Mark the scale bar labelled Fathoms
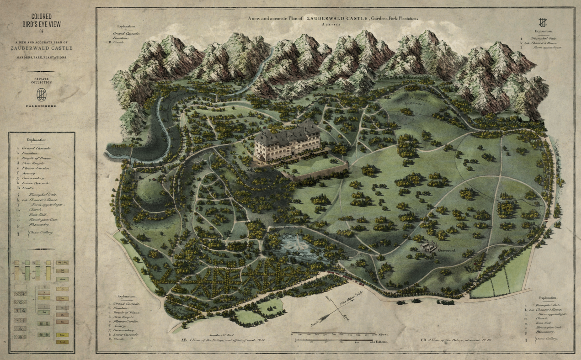[x=338, y=340]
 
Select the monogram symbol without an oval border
[x=543, y=21]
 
